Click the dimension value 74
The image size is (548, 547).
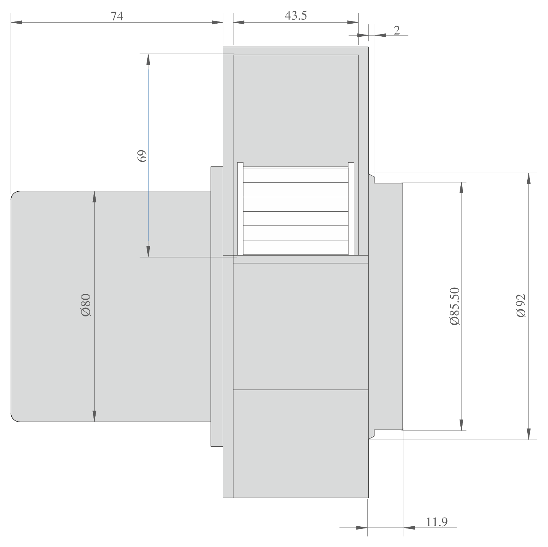tap(117, 16)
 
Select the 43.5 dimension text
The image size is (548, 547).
tap(296, 16)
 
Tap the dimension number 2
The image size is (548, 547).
tap(397, 30)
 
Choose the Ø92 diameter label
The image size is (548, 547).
tap(521, 306)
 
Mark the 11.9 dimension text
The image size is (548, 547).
tap(436, 522)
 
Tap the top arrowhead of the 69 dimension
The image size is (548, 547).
tap(148, 59)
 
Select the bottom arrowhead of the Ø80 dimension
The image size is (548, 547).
tap(94, 416)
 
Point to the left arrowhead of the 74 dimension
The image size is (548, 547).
tap(17, 23)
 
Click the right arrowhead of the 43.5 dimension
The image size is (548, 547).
tap(353, 23)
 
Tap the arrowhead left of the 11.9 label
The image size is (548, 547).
tap(361, 527)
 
